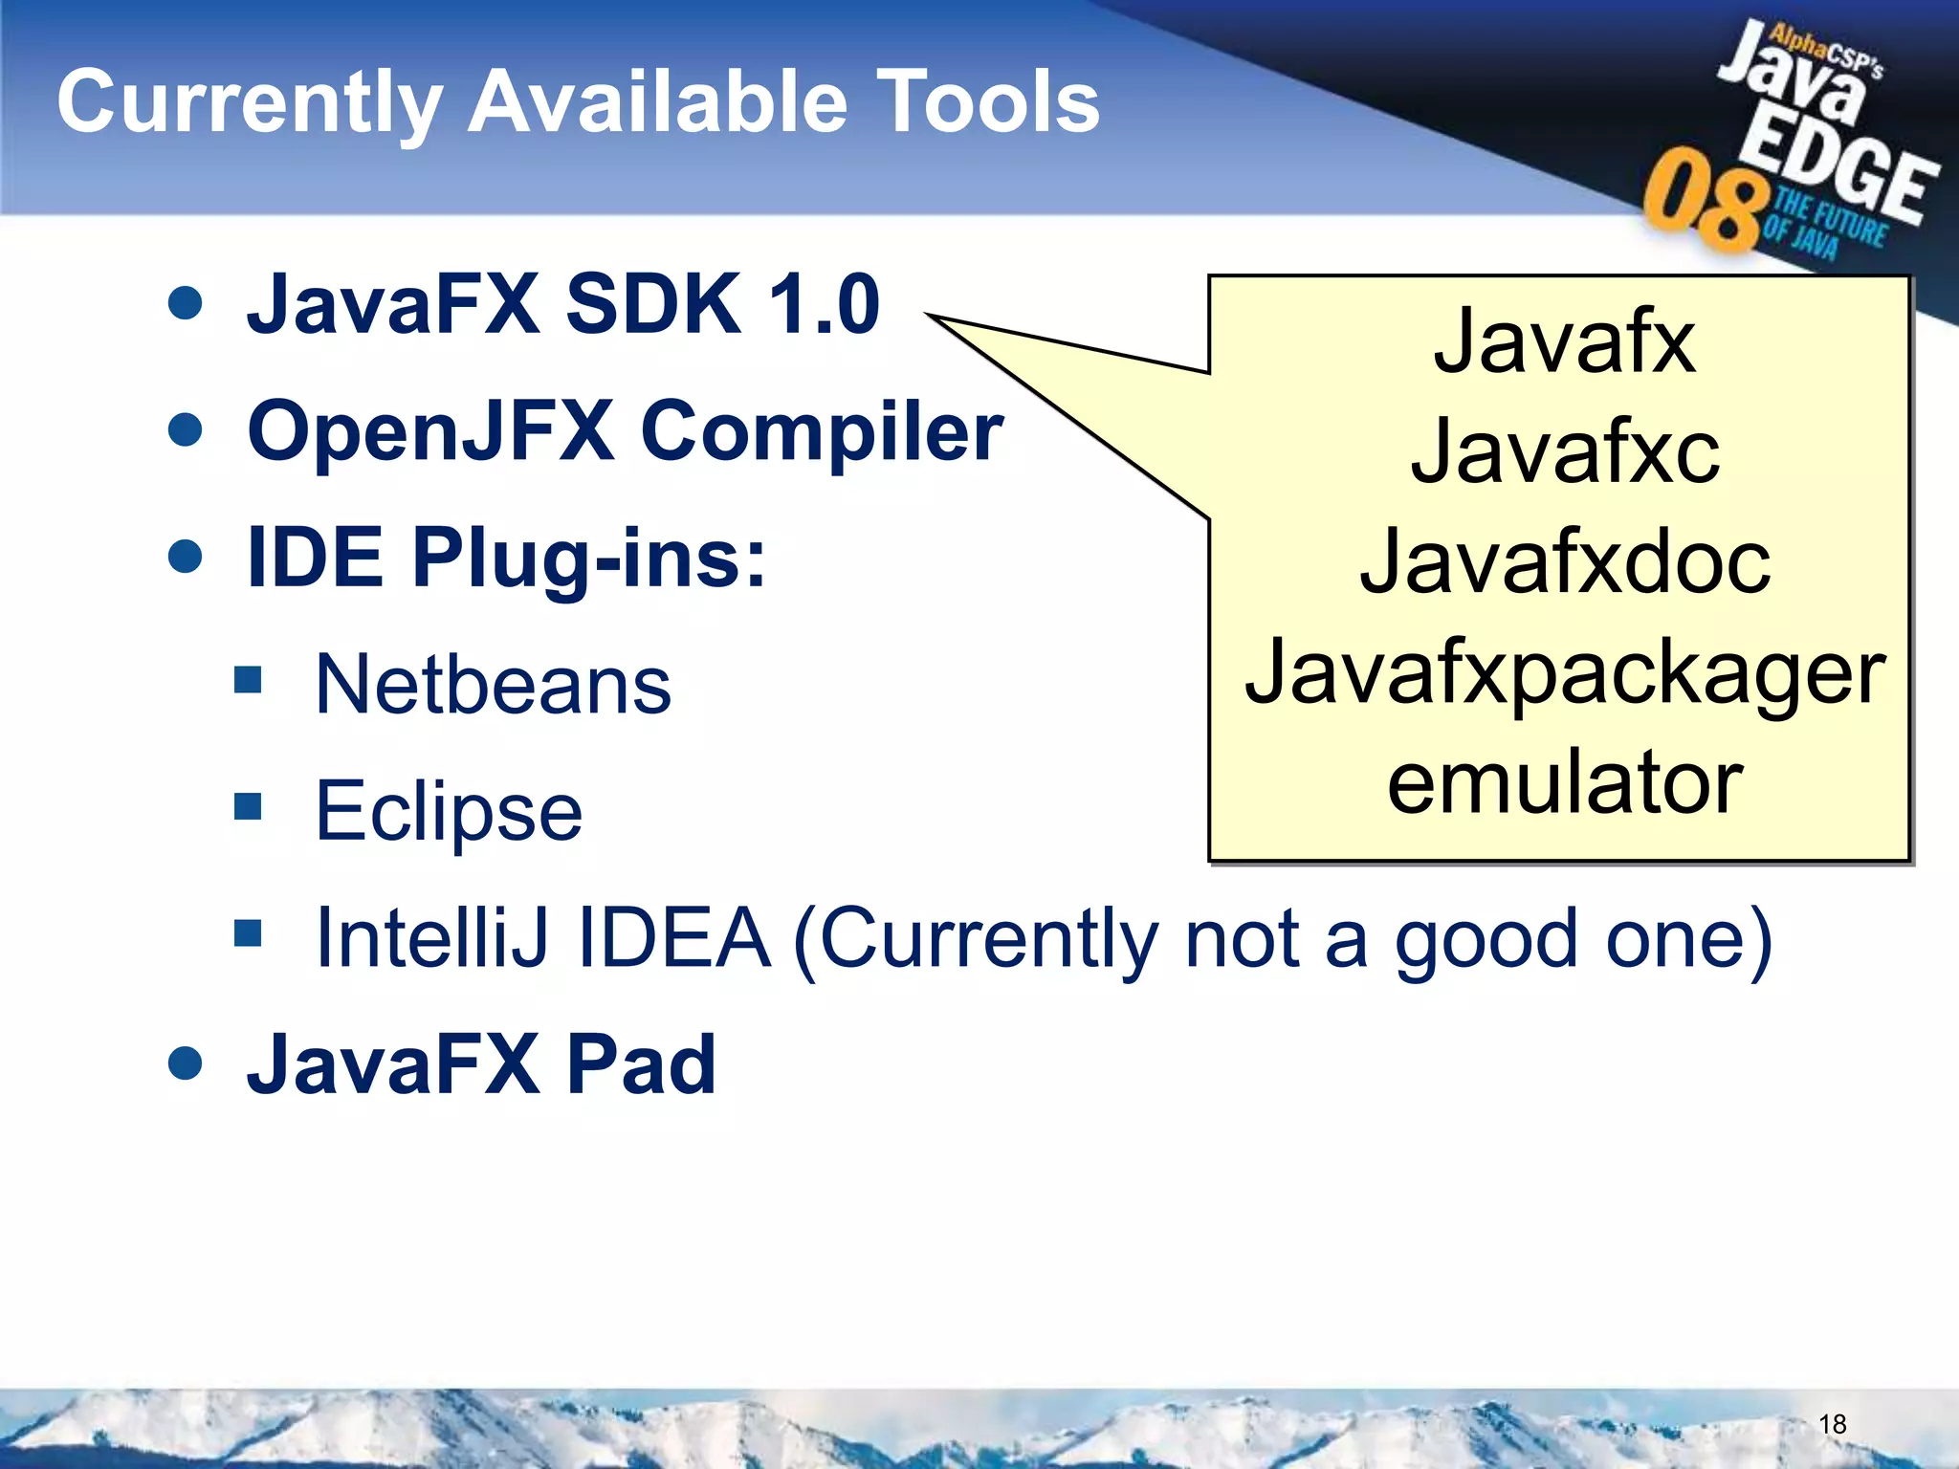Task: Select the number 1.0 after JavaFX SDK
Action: pyautogui.click(x=824, y=304)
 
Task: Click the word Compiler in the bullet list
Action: pyautogui.click(x=822, y=432)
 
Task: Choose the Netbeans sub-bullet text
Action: pyautogui.click(x=493, y=685)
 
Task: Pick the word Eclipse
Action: pyautogui.click(x=449, y=812)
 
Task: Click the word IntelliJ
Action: pyautogui.click(x=432, y=938)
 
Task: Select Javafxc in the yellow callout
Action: pyautogui.click(x=1565, y=452)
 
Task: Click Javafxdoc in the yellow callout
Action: pyautogui.click(x=1565, y=562)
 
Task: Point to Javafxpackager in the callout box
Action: pyautogui.click(x=1565, y=673)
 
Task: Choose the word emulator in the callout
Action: pyautogui.click(x=1565, y=783)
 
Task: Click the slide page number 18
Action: pyautogui.click(x=1832, y=1425)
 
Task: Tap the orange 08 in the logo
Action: pyautogui.click(x=1703, y=202)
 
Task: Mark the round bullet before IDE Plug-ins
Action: pyautogui.click(x=185, y=557)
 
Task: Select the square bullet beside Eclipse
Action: pyautogui.click(x=248, y=806)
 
